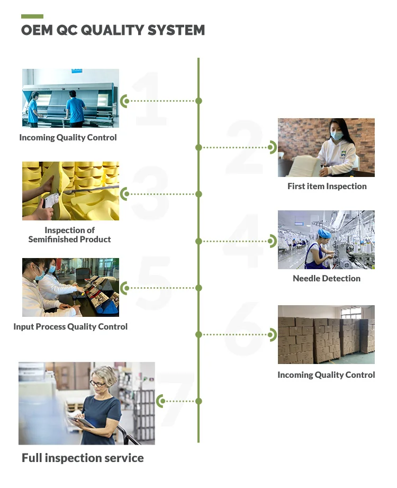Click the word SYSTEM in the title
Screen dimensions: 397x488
coord(176,30)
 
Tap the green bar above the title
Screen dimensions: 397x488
coord(32,16)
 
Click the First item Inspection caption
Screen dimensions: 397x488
coord(327,186)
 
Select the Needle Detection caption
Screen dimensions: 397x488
coord(327,278)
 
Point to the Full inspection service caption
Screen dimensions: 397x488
coord(83,458)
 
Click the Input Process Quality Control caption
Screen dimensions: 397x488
coord(70,326)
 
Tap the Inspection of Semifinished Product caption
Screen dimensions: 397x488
coord(70,235)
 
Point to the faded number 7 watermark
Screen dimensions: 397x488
coord(176,398)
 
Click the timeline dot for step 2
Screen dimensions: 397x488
coord(198,147)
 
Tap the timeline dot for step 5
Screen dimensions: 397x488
coord(198,288)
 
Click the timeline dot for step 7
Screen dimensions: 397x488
coord(198,401)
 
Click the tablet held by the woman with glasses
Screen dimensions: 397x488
coord(82,422)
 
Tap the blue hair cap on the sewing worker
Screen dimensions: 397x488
coord(324,234)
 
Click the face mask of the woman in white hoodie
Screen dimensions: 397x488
coord(336,136)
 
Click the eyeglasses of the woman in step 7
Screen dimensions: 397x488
coord(98,384)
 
